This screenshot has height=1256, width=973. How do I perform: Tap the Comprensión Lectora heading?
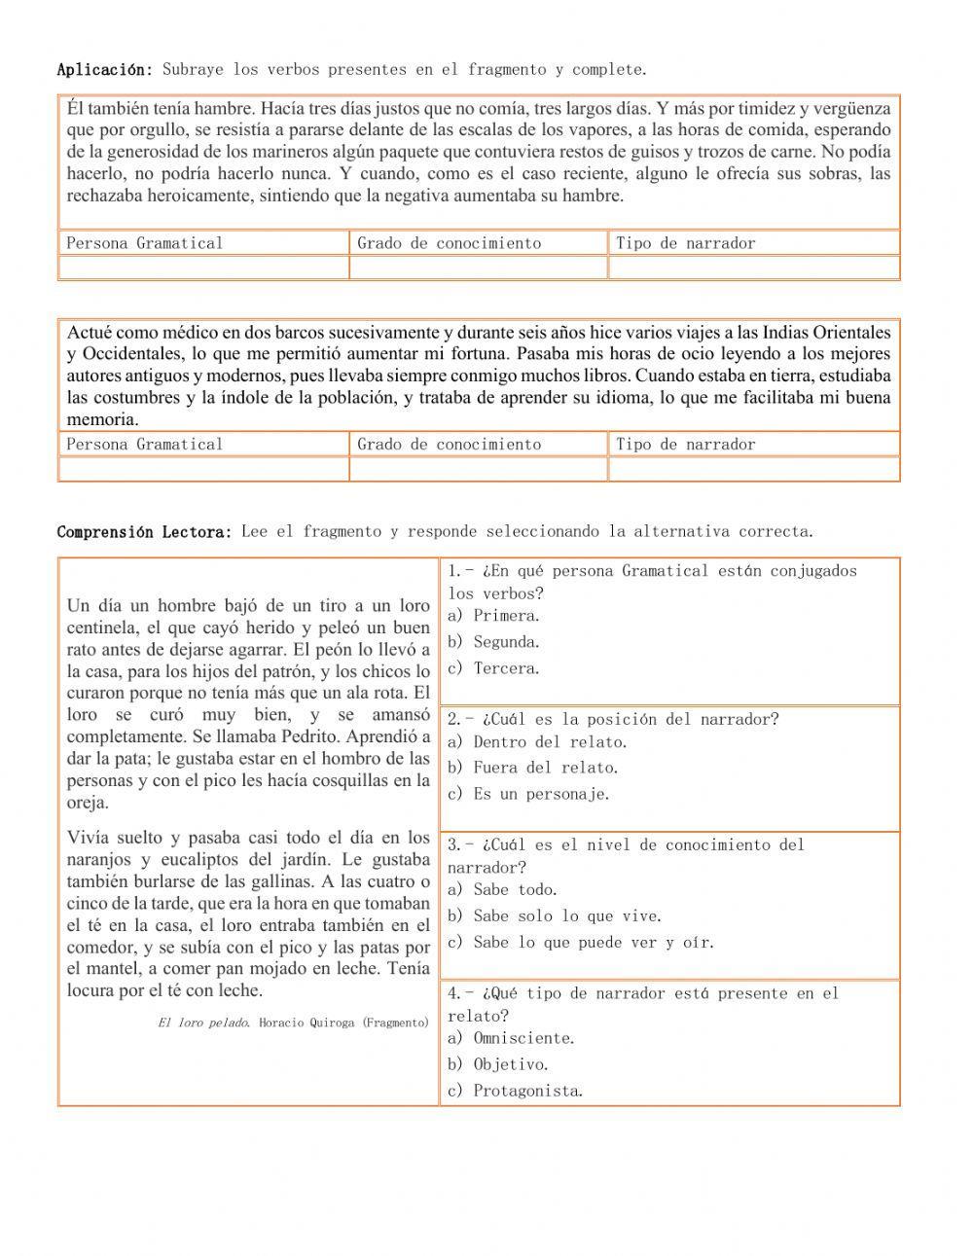click(144, 532)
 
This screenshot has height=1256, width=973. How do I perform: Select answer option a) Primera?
click(493, 616)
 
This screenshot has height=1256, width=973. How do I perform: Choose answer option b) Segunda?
click(493, 642)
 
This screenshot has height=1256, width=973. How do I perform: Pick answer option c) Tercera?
click(493, 668)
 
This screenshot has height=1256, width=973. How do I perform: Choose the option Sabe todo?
click(515, 890)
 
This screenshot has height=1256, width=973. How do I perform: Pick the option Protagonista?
click(527, 1092)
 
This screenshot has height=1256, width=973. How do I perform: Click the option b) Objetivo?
click(498, 1065)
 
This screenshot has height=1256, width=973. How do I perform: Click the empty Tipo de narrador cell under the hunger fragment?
click(753, 268)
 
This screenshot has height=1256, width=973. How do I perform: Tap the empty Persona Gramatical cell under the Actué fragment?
click(203, 469)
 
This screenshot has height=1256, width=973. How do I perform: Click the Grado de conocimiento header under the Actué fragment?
click(449, 445)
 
